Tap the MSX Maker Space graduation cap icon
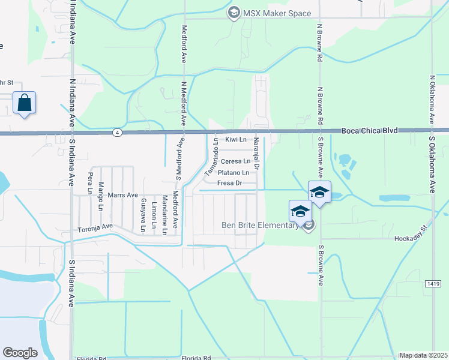pos(234,13)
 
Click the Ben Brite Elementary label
pos(261,226)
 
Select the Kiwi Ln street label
pos(236,140)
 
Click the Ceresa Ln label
pos(235,161)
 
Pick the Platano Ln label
pos(233,173)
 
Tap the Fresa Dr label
pos(229,183)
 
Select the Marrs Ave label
pos(123,196)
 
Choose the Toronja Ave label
pos(95,227)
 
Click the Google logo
pos(20,353)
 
